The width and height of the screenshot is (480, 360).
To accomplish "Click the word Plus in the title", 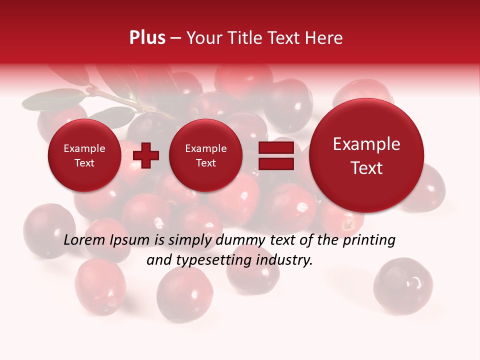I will click(147, 38).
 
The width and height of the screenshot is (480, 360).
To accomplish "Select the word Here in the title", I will click(324, 38).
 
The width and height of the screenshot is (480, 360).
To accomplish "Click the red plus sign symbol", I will click(145, 155).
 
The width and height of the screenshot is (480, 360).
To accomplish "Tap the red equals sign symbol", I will click(276, 155).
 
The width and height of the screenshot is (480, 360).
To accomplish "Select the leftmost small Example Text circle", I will click(84, 155).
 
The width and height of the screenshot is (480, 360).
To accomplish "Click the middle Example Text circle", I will click(205, 155).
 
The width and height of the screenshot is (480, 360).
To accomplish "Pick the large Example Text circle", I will click(366, 156).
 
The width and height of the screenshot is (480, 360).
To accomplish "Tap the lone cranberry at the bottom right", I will click(403, 285).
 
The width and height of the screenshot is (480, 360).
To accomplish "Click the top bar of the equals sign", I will click(276, 147).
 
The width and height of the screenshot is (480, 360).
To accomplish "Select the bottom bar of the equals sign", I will click(276, 163).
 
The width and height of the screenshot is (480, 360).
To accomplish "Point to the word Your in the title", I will click(204, 38).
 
